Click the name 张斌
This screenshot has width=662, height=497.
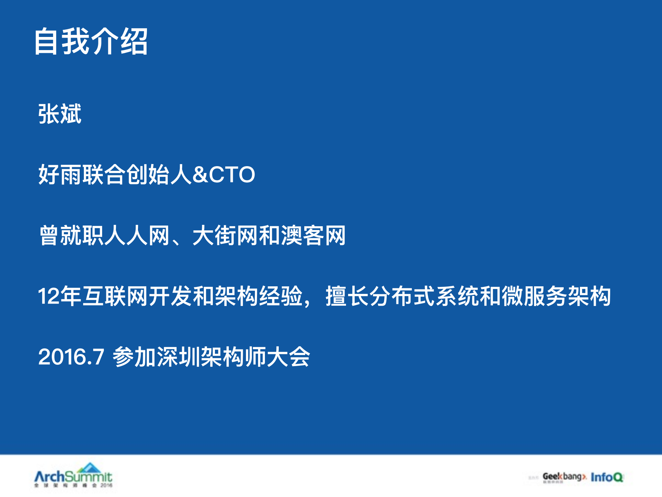(60, 114)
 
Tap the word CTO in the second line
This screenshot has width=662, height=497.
(232, 174)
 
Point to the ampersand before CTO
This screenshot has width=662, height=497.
(200, 174)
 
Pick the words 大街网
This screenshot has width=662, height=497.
(225, 236)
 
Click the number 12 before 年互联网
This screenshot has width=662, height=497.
(48, 296)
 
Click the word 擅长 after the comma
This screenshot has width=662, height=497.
(347, 296)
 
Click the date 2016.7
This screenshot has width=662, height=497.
(71, 357)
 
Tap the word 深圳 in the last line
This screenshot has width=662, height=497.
(178, 357)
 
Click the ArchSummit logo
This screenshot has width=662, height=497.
(73, 477)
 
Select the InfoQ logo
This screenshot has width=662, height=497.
(607, 477)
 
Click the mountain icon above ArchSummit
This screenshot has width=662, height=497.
(89, 467)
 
